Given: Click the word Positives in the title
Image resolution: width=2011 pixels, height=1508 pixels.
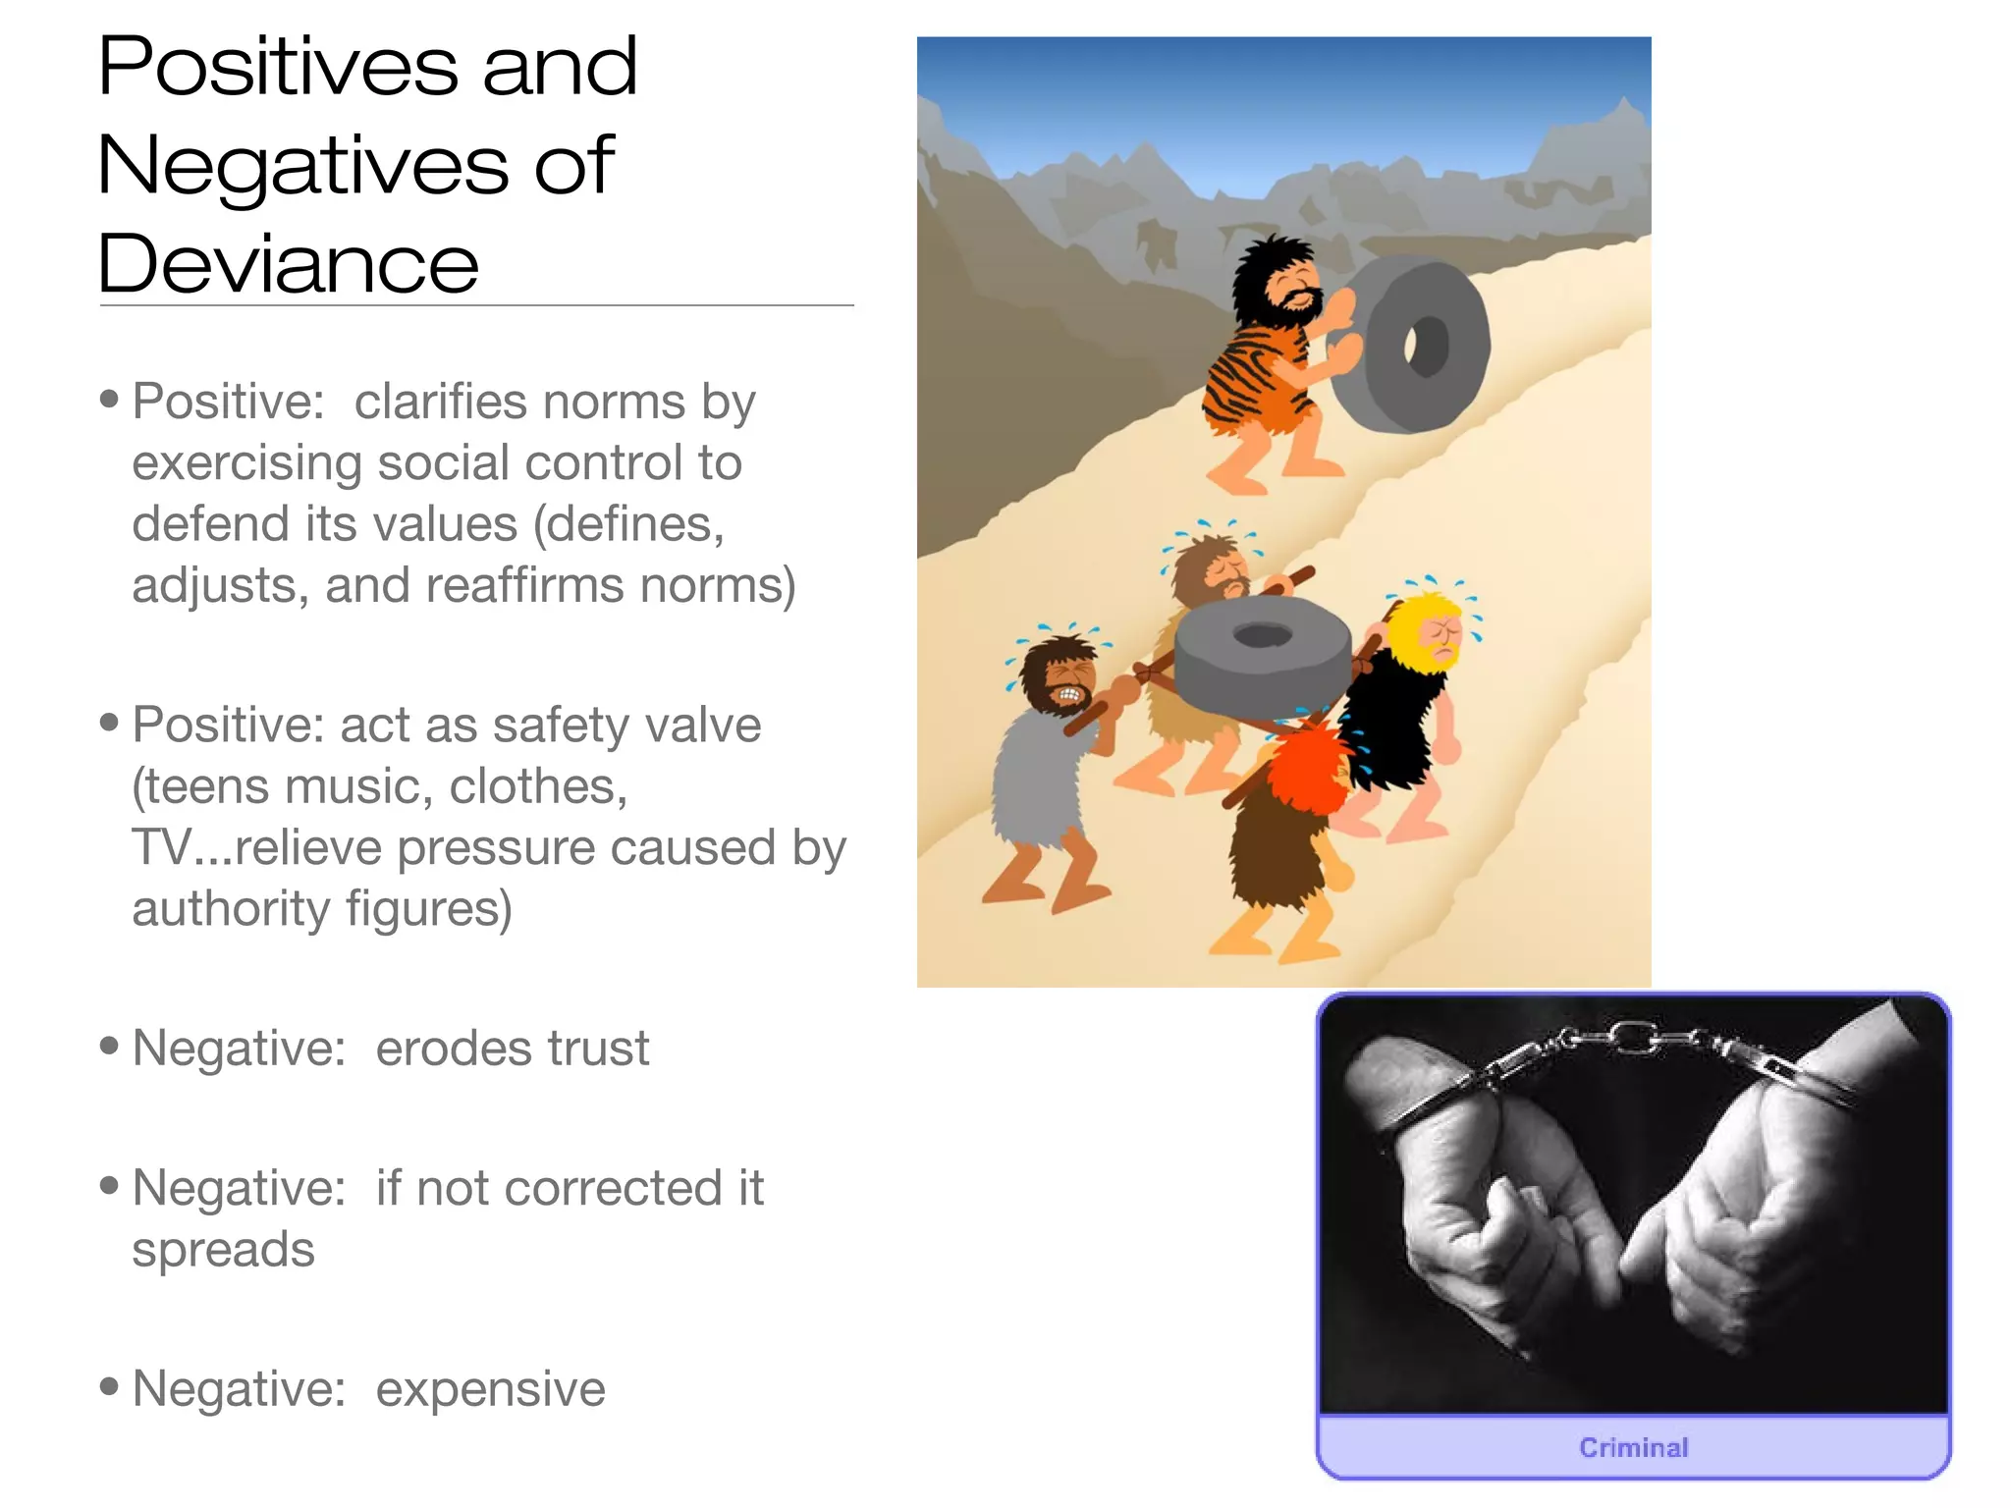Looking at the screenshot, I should [x=278, y=67].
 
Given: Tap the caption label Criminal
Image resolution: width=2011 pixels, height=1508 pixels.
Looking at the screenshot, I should [x=1633, y=1447].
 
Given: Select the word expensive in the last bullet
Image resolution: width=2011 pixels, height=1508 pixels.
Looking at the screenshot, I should [x=490, y=1389].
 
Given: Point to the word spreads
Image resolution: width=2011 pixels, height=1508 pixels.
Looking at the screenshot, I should [x=223, y=1250].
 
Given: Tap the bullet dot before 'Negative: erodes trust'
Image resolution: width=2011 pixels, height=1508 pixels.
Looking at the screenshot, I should [x=110, y=1046].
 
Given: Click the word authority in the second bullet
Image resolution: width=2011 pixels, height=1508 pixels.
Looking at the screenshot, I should [x=231, y=909].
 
